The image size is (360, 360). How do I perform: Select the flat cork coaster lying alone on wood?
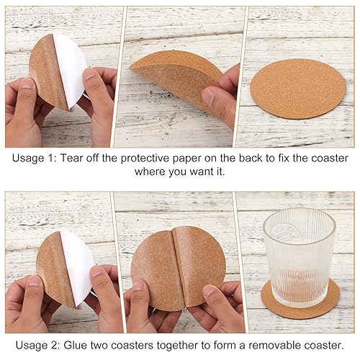[x=298, y=89]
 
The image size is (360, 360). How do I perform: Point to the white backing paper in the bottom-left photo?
[x=77, y=266]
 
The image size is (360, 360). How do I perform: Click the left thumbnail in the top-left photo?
[x=27, y=84]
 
